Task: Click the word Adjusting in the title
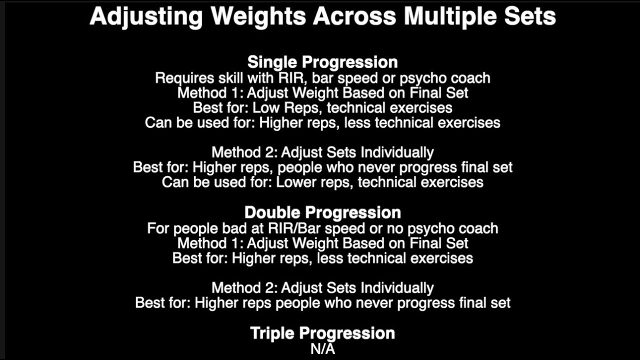tap(145, 16)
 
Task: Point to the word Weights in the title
tap(258, 16)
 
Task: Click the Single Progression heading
tap(322, 62)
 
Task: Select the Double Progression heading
tap(322, 212)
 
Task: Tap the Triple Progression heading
tap(322, 333)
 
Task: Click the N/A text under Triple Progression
tap(322, 348)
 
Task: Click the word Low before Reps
tap(265, 108)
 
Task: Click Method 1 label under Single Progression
tap(209, 93)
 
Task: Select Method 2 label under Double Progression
tap(243, 288)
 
